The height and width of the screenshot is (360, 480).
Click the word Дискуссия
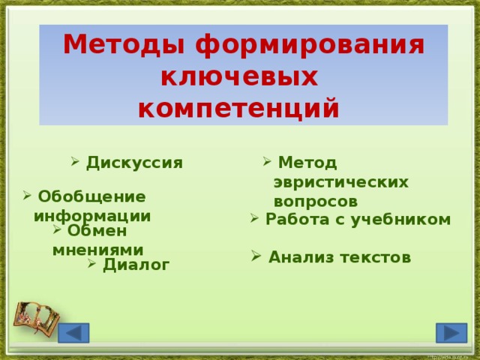[x=134, y=163]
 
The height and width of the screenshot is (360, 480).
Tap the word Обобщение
[x=91, y=196]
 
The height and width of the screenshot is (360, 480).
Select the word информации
[x=92, y=215]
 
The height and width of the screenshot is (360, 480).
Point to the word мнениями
[x=97, y=249]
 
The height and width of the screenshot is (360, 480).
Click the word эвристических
[x=340, y=181]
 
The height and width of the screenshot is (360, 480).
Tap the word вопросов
[x=315, y=201]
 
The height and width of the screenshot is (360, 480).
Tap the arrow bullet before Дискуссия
[x=76, y=161]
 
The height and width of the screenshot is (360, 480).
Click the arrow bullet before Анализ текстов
[x=256, y=256]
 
